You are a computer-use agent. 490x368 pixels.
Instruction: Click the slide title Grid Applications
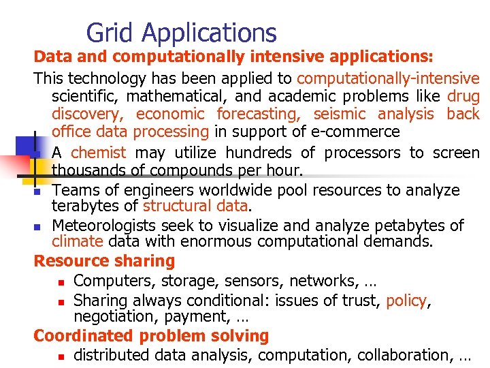click(182, 33)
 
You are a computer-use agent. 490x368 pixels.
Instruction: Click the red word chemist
click(98, 153)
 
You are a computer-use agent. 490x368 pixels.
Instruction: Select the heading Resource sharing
click(104, 261)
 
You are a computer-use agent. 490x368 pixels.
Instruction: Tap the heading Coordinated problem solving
click(151, 336)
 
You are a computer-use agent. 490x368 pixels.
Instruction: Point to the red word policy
click(406, 301)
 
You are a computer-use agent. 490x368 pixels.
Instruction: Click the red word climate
click(78, 241)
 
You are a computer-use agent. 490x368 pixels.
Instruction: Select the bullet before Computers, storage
click(61, 281)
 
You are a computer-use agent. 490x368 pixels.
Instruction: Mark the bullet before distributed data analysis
click(61, 356)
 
